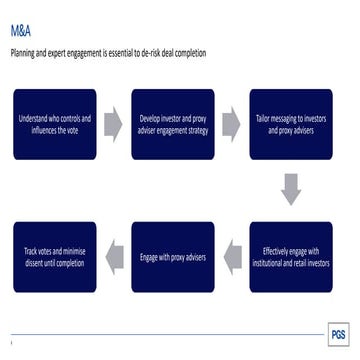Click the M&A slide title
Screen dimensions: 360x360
(21, 32)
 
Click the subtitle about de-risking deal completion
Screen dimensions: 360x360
(109, 52)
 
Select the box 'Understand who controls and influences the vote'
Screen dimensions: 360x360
(54, 124)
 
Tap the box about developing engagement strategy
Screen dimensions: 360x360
(172, 124)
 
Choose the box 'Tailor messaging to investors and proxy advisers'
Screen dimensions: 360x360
(290, 124)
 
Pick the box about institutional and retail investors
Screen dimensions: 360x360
(290, 255)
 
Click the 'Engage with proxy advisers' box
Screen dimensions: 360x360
(172, 255)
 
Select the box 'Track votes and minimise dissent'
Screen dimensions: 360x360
(54, 255)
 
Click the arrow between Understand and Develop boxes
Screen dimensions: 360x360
(113, 124)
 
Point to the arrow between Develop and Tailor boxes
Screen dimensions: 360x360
(231, 124)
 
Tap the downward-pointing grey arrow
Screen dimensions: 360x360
(290, 188)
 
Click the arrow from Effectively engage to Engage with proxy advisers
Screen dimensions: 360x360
(231, 255)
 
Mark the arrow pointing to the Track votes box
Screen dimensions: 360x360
(113, 255)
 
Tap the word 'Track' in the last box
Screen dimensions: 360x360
(31, 250)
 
